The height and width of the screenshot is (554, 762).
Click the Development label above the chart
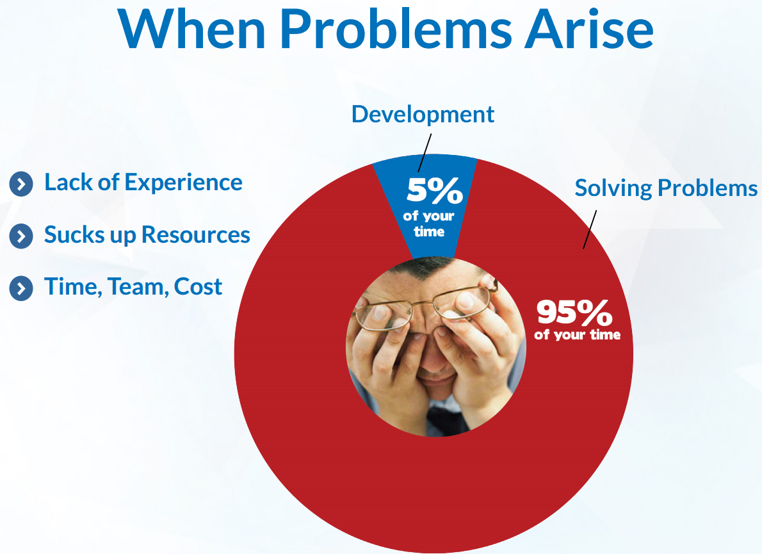coord(423,115)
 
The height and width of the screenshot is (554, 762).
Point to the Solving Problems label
coord(666,188)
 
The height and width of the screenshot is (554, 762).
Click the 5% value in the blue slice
coord(435,190)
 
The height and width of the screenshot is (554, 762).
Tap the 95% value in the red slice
coord(574,313)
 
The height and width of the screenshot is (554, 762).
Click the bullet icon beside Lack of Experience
coord(21,184)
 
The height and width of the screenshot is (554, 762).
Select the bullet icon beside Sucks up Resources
coord(21,236)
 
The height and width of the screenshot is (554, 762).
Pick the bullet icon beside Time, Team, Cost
coord(21,288)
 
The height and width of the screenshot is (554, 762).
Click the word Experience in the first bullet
coord(184,183)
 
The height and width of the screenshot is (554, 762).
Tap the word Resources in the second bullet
coord(196,234)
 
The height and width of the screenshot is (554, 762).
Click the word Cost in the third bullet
coord(198,287)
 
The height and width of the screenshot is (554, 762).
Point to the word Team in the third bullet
coord(138,287)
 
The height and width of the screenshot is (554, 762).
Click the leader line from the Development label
coord(425,153)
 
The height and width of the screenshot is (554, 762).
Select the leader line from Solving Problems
coord(590,230)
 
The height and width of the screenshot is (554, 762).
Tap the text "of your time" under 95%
coord(578,335)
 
